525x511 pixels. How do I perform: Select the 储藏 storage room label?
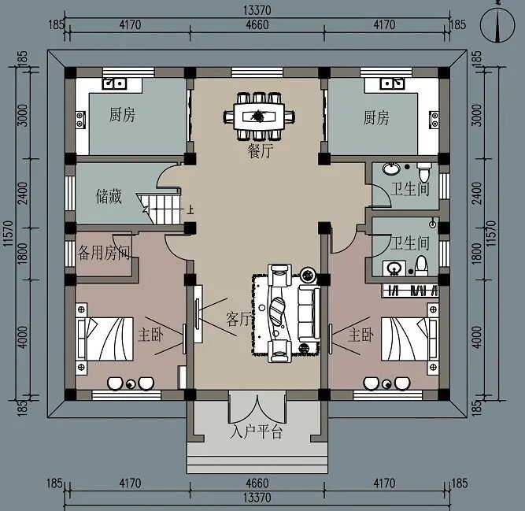pyautogui.click(x=109, y=194)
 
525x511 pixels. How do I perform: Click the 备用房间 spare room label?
pyautogui.click(x=105, y=252)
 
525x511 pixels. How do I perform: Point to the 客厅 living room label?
pyautogui.click(x=238, y=319)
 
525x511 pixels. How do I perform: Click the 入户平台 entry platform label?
pyautogui.click(x=257, y=432)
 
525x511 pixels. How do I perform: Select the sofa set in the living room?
pyautogui.click(x=287, y=313)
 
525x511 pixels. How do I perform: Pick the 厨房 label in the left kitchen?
pyautogui.click(x=122, y=116)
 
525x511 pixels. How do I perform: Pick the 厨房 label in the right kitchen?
pyautogui.click(x=376, y=118)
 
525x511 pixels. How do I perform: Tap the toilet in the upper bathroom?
pyautogui.click(x=424, y=172)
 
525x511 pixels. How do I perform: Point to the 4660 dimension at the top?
pyautogui.click(x=257, y=25)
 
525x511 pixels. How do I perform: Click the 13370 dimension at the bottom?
pyautogui.click(x=257, y=498)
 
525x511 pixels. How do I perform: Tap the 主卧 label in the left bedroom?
pyautogui.click(x=150, y=335)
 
